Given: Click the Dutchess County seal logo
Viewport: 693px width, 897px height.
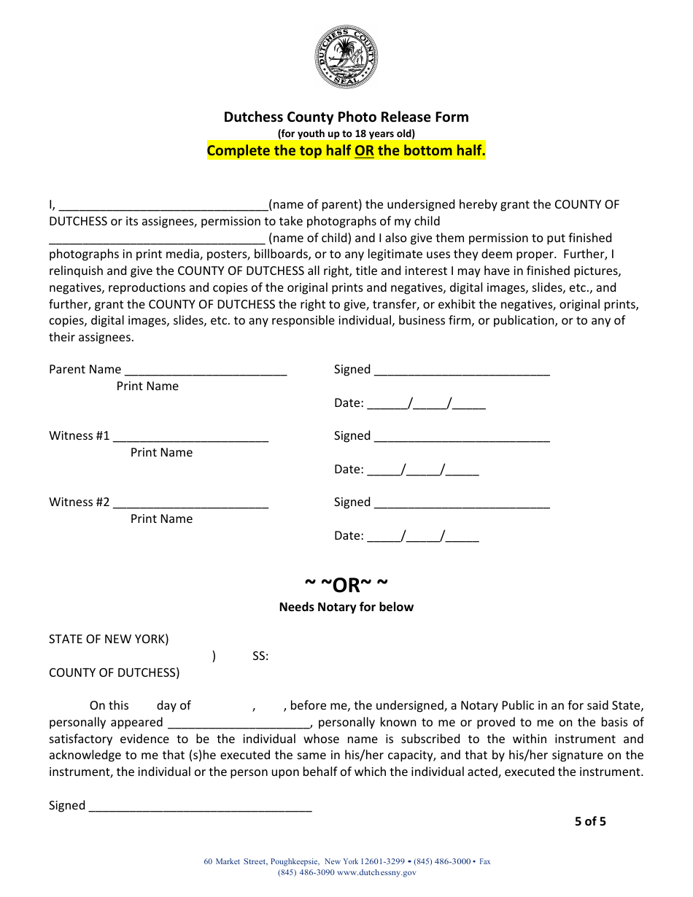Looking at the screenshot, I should (x=346, y=57).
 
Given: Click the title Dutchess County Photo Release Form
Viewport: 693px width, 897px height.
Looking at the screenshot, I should (x=346, y=117).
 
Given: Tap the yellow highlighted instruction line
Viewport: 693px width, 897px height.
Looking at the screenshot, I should (x=346, y=151).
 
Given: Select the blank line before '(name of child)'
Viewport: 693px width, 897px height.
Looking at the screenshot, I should (x=157, y=238).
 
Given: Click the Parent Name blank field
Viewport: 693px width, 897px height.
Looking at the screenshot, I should (x=206, y=370).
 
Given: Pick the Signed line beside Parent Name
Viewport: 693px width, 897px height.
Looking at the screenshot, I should (x=462, y=370).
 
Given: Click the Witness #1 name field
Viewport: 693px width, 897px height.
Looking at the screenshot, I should (x=191, y=436).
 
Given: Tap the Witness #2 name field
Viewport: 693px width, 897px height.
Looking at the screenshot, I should (x=191, y=502).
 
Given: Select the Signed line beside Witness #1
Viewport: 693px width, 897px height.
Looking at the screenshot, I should (x=462, y=436).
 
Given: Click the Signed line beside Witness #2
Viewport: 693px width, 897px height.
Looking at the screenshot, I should (x=462, y=502).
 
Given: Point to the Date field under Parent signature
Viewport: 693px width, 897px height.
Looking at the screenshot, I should (x=426, y=403).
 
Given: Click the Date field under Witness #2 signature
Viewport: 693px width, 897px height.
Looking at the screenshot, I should (x=423, y=536).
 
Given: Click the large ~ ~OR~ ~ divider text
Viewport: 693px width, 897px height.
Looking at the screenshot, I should (x=346, y=585).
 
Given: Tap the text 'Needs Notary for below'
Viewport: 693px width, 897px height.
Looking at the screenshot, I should (x=346, y=607).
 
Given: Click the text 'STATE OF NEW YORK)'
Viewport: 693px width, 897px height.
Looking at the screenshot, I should (x=109, y=640).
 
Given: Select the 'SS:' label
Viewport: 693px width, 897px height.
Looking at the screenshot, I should (x=260, y=656).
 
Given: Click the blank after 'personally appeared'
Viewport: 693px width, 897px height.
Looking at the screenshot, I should (x=240, y=723).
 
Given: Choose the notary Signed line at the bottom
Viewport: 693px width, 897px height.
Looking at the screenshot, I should (x=200, y=806).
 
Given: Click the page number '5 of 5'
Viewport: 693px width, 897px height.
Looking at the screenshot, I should (x=590, y=821).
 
